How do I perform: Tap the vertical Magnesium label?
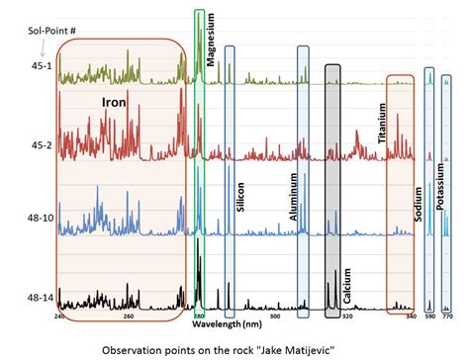coord(211,41)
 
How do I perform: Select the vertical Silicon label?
coord(240,197)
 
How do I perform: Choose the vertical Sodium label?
coord(419,228)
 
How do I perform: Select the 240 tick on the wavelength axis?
coord(59,316)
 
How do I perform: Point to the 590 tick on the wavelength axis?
coord(428,316)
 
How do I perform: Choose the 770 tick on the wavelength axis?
coord(447,316)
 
